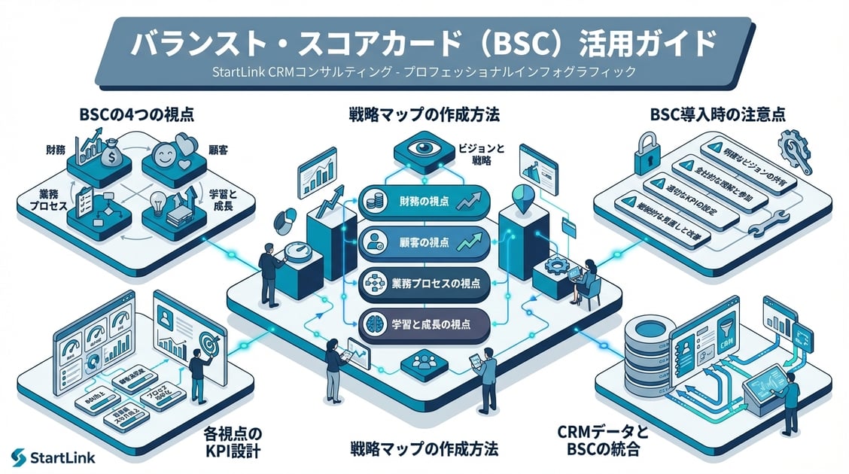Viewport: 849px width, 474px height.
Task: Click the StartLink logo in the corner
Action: pyautogui.click(x=53, y=457)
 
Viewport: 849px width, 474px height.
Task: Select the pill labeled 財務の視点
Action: pyautogui.click(x=424, y=201)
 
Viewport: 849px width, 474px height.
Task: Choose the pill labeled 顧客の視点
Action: pyautogui.click(x=424, y=242)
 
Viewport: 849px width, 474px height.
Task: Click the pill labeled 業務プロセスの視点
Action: pyautogui.click(x=424, y=284)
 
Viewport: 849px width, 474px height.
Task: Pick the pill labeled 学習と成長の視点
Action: pyautogui.click(x=424, y=324)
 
